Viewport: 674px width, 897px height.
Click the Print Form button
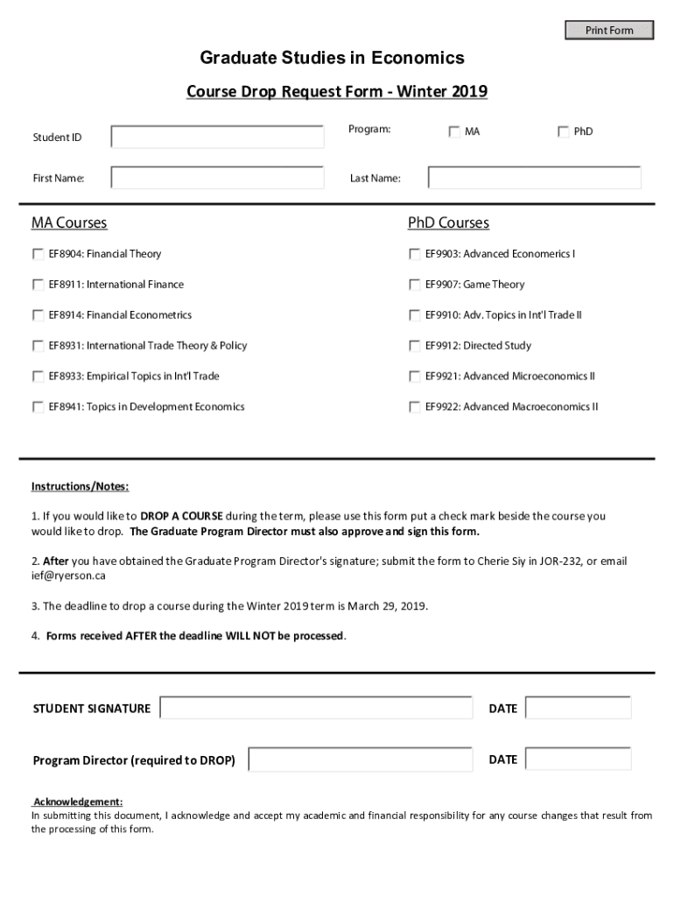coord(609,31)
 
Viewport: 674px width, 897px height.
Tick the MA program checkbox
coord(454,132)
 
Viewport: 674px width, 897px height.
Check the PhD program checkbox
coord(563,132)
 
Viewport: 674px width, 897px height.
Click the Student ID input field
coord(217,138)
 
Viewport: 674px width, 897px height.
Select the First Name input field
coord(217,178)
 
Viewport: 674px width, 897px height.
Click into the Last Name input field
coord(534,178)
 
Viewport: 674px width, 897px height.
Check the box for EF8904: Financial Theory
coord(38,254)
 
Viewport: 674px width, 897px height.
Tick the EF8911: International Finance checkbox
coord(38,285)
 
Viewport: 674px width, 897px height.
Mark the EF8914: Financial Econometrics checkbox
coord(38,315)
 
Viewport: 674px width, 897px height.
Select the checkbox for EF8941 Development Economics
coord(38,407)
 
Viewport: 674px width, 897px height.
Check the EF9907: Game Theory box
coord(414,285)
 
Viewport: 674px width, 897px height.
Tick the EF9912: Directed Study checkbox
coord(414,346)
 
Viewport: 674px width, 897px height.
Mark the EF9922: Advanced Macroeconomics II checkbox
coord(414,407)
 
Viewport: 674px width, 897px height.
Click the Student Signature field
coord(316,708)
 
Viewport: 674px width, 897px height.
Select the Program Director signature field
coord(360,759)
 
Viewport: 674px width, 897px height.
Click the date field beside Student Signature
coord(578,708)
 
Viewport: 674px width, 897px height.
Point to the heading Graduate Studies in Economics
coord(332,59)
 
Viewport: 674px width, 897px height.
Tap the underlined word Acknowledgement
coord(78,802)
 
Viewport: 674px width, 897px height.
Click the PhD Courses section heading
coord(448,223)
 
